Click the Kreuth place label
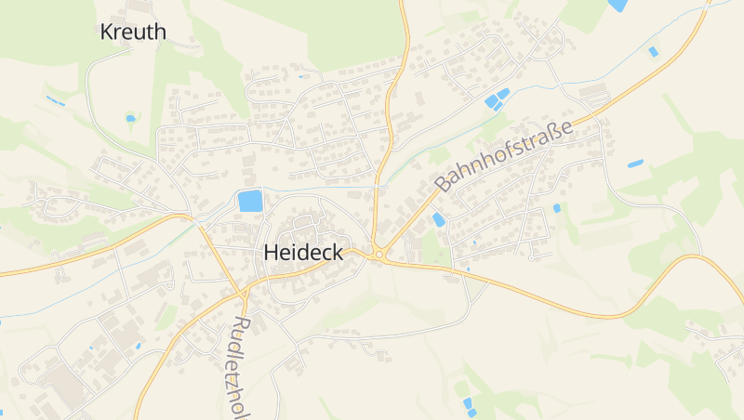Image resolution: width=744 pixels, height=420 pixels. coord(133,33)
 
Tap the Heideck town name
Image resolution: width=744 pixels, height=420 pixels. coord(304,252)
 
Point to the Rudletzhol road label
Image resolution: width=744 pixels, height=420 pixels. coord(240,368)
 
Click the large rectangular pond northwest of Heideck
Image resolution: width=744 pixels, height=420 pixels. coord(249,201)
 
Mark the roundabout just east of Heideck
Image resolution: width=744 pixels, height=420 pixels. coord(379,254)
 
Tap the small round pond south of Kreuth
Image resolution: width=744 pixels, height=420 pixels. coord(130,118)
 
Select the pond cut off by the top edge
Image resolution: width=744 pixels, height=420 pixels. coord(618,5)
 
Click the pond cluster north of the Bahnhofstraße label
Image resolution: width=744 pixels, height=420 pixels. coord(497,98)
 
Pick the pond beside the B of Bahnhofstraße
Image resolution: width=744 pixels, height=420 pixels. coord(438,219)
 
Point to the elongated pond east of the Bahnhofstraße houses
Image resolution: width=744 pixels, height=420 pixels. coord(635,164)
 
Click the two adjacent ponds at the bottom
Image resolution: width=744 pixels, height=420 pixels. coord(469,406)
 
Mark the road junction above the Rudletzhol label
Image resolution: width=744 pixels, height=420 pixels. coord(242,292)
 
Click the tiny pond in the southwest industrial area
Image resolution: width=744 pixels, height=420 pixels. coord(139,346)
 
